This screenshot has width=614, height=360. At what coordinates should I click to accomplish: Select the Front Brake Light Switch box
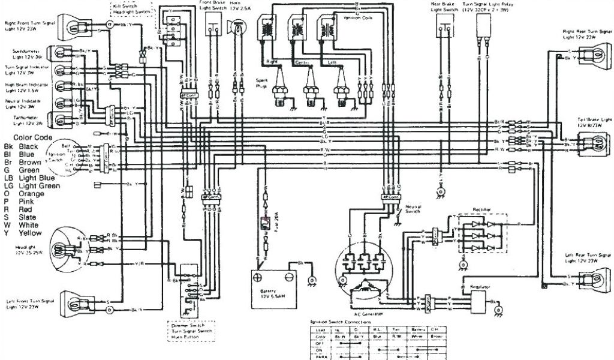(x=213, y=20)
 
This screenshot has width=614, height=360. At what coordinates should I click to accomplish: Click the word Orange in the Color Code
(x=32, y=194)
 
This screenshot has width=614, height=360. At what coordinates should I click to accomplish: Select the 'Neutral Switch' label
(x=414, y=209)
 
